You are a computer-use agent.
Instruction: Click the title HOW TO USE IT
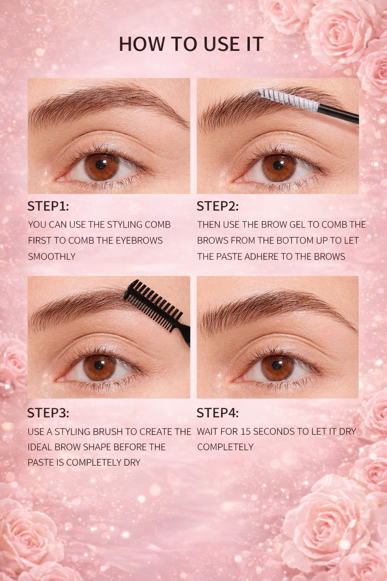coord(191,44)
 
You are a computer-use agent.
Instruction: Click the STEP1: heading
coord(48,206)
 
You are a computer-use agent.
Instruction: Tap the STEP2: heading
coord(217,206)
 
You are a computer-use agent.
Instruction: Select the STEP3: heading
coord(48,413)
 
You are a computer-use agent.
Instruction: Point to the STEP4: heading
coord(217,413)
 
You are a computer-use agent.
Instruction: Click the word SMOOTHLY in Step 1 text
coord(52,256)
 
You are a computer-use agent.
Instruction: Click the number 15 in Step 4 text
coord(245,432)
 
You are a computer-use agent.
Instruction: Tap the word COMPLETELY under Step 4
coord(225,447)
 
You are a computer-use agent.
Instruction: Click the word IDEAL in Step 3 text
coord(40,447)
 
